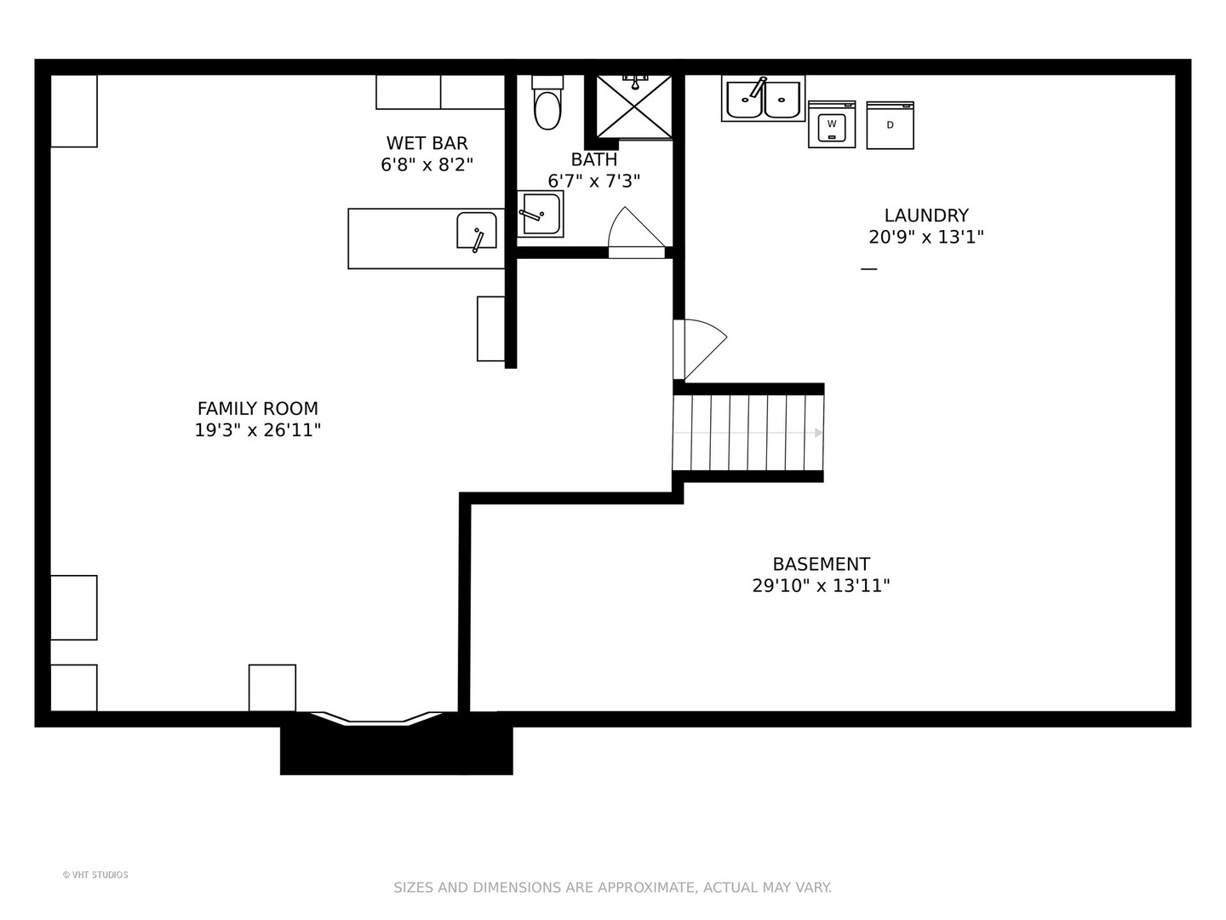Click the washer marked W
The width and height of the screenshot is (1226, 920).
832,124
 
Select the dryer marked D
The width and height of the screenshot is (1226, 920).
890,125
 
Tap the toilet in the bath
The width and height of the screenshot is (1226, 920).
547,103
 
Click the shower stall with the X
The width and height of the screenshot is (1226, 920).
634,106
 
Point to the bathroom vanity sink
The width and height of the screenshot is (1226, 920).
540,214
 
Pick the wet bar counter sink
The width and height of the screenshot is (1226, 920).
477,230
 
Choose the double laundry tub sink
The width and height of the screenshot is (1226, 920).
763,98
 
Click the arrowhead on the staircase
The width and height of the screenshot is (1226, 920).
818,433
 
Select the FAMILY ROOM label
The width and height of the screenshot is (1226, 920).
257,409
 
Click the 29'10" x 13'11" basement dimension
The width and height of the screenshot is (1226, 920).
821,586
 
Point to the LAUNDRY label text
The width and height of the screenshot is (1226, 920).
926,215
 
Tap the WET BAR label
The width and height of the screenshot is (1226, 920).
427,144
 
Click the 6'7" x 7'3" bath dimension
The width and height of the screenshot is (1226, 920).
593,181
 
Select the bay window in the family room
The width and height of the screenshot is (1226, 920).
376,718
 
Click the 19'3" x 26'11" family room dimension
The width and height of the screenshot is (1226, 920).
257,431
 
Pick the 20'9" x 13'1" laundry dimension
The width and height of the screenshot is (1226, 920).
926,238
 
